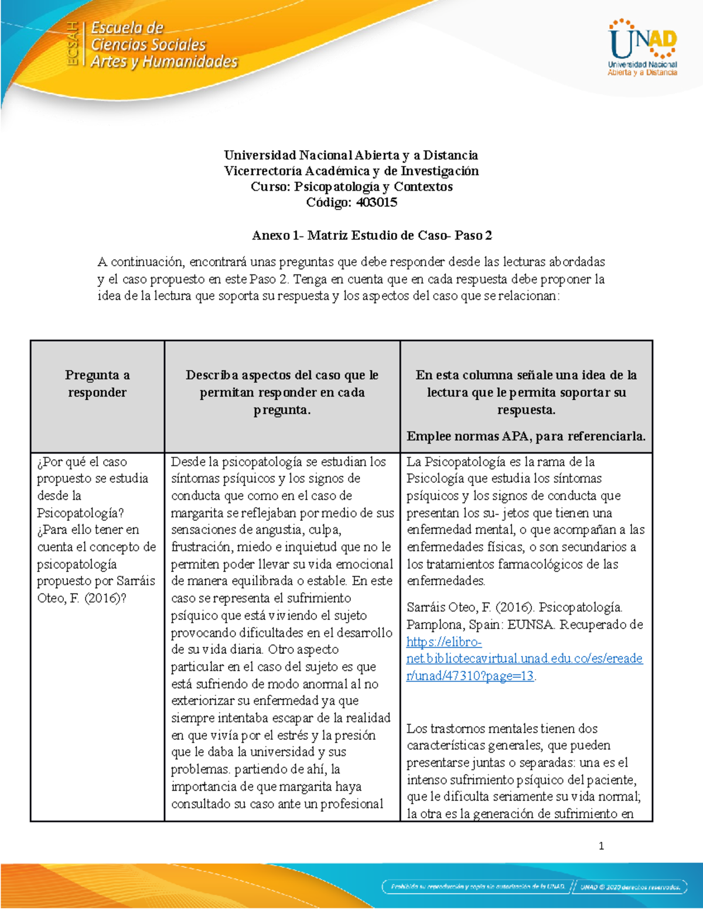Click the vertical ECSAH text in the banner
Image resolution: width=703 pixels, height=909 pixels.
tap(73, 44)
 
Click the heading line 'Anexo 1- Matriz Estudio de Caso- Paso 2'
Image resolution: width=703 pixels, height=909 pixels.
tap(371, 235)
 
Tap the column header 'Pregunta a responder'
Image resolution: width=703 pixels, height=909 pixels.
tap(97, 383)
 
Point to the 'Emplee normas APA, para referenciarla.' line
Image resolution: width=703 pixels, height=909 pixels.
tap(525, 436)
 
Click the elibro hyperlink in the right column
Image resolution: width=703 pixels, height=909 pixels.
tap(524, 658)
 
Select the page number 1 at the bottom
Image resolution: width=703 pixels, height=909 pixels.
tap(601, 845)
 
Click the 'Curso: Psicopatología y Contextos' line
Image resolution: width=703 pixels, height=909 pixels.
tap(351, 187)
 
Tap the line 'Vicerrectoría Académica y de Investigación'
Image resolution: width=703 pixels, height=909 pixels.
tap(351, 171)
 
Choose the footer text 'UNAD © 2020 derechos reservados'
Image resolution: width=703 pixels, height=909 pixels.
tap(630, 886)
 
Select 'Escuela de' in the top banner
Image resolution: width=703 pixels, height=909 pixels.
tap(127, 28)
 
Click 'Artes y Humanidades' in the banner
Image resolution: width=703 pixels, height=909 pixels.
tap(164, 61)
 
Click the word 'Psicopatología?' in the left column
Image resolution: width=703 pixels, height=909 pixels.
tap(80, 513)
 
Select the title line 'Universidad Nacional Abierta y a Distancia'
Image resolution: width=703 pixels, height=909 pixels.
tap(350, 155)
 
